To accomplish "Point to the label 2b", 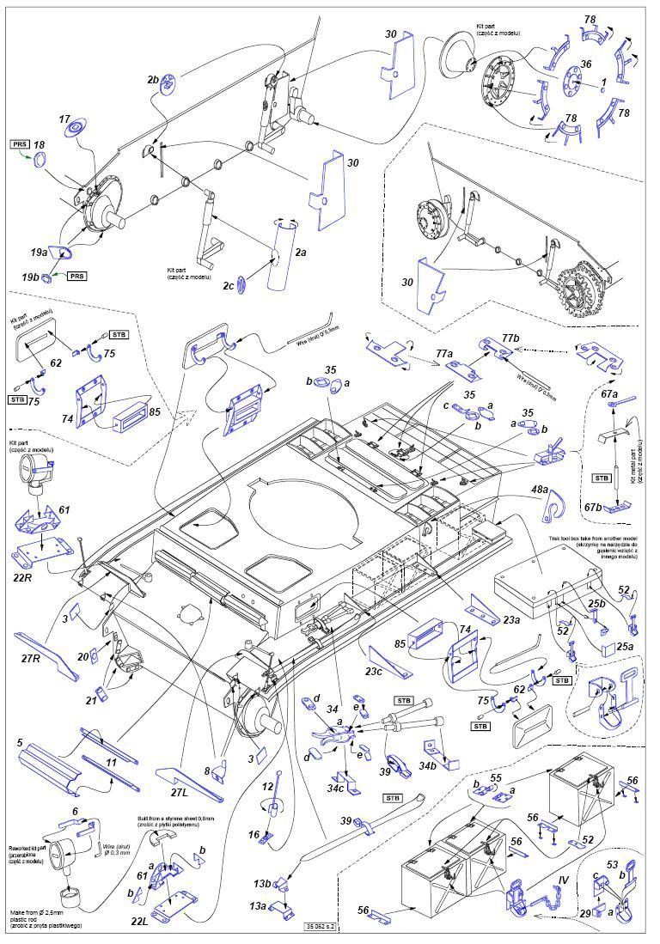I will point(154,80).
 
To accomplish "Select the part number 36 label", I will point(585,64).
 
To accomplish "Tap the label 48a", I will point(540,489).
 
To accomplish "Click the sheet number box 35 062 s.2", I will point(318,926).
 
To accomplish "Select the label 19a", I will point(39,252).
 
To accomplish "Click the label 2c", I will point(228,285).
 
